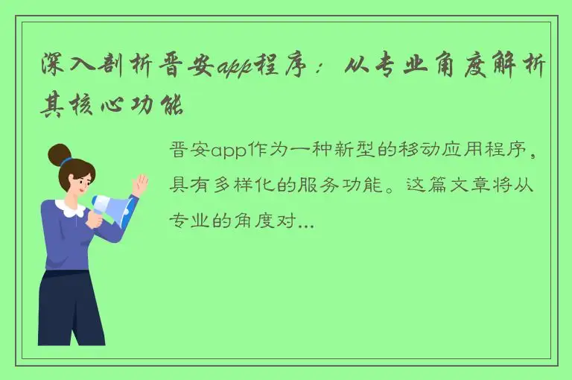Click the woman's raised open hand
click(139, 185)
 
